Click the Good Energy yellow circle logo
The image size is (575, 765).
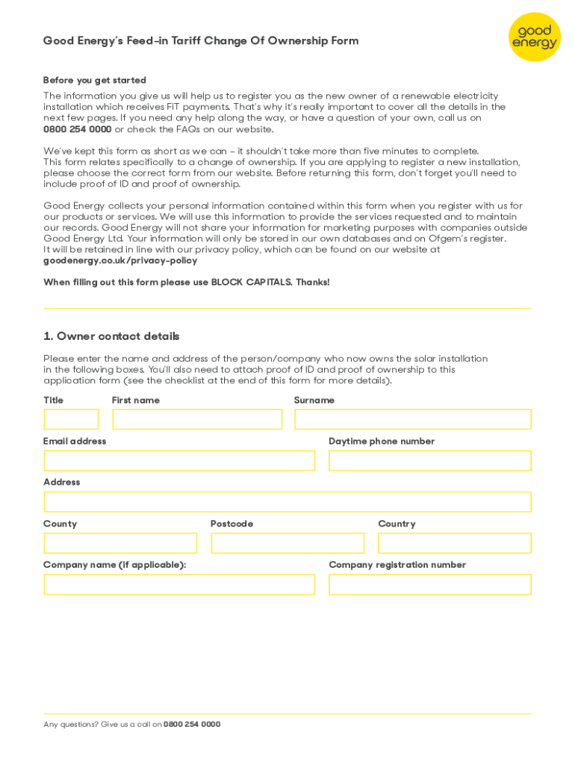coord(535,37)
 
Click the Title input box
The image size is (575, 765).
coord(71,419)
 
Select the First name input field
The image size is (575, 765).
coord(197,419)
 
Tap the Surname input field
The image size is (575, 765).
coord(412,419)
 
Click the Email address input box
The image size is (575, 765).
coord(179,460)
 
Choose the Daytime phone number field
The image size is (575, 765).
coord(429,460)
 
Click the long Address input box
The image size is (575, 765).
coord(287,501)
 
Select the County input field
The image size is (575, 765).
coord(120,543)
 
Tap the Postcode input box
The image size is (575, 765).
coord(287,543)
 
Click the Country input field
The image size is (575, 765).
coord(455,543)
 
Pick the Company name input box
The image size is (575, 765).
coord(179,584)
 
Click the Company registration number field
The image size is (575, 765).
coord(429,584)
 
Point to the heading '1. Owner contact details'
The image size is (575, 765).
coord(111,336)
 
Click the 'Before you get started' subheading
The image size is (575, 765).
coord(95,80)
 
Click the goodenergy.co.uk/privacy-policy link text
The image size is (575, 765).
coord(120,261)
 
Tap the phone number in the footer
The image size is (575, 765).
coord(192,724)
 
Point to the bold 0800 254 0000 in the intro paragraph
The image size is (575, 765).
coord(77,129)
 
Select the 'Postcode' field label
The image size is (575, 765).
coord(231,524)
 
